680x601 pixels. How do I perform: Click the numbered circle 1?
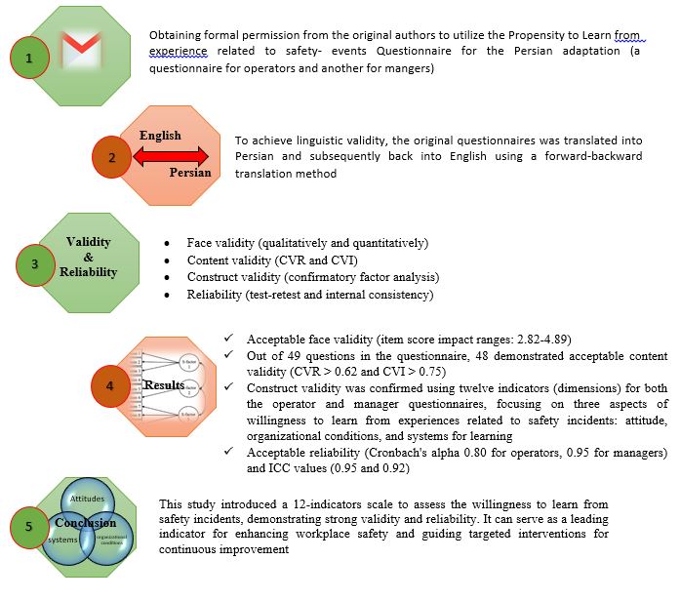(x=29, y=59)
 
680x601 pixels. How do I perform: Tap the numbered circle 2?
(x=111, y=155)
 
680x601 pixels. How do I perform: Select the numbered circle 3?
(x=37, y=262)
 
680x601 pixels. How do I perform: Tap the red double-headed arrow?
(x=172, y=155)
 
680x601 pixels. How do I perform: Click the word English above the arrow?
(x=160, y=135)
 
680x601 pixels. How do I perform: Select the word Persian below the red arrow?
(x=189, y=174)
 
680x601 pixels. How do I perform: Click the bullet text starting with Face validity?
(x=308, y=242)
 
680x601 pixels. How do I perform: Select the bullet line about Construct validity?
(x=313, y=277)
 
